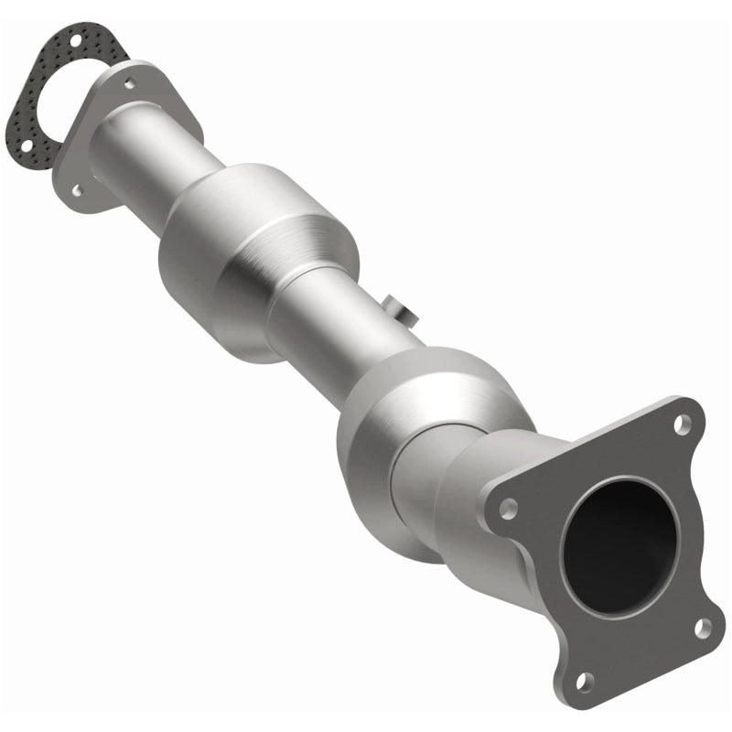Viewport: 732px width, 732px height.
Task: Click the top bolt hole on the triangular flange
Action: pyautogui.click(x=130, y=83)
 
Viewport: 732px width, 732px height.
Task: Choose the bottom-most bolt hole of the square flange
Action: pyautogui.click(x=585, y=679)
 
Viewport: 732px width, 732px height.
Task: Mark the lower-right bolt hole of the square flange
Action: pyautogui.click(x=703, y=628)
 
